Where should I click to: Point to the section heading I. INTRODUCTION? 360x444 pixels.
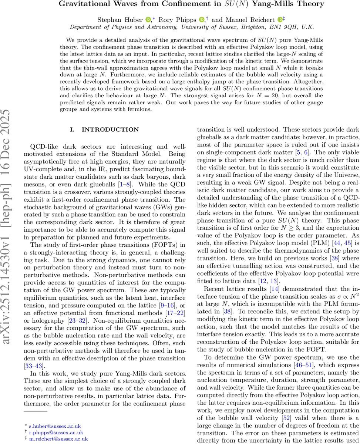click(104, 129)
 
